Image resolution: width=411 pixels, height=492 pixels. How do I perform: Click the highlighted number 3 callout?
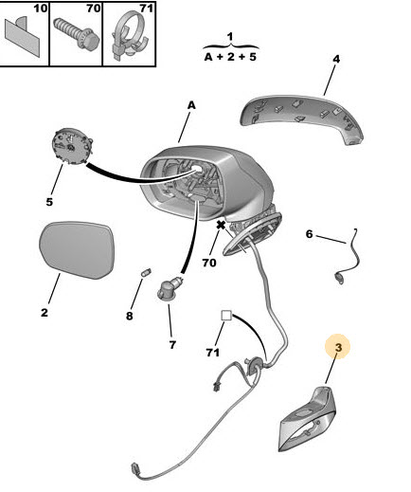[x=338, y=347]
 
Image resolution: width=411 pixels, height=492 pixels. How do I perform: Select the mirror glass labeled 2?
[x=77, y=250]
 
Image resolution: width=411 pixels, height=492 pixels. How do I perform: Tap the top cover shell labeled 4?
[x=303, y=118]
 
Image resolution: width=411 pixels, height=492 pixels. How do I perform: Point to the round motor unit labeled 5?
[x=71, y=147]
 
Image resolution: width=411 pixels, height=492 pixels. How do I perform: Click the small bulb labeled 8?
[x=146, y=272]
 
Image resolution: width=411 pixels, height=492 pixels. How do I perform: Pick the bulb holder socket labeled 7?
[x=170, y=289]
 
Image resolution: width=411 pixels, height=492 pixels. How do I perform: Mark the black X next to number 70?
[x=221, y=226]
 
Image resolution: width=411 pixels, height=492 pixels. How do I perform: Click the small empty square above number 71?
[x=226, y=316]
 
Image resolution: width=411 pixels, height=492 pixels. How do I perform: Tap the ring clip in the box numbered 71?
[x=130, y=35]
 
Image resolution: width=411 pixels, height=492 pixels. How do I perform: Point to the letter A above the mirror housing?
[x=191, y=105]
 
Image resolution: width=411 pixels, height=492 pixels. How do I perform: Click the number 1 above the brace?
[x=230, y=37]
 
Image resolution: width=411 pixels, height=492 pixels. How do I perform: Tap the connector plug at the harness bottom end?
[x=135, y=468]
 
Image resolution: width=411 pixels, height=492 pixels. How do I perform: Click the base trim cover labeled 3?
[x=306, y=419]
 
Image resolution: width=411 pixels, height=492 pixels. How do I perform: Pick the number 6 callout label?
[x=309, y=234]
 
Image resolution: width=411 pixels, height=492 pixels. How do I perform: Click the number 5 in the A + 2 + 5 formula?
[x=252, y=57]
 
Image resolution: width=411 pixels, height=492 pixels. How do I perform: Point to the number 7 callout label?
[x=172, y=345]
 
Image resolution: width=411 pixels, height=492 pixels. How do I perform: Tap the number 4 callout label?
[x=336, y=59]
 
